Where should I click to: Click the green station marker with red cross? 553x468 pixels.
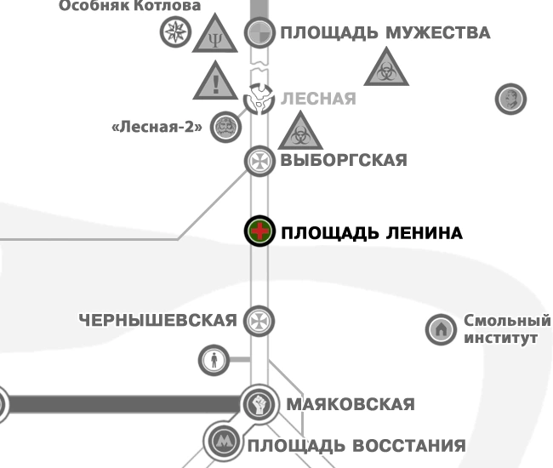(x=259, y=231)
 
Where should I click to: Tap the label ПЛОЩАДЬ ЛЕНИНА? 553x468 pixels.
(x=372, y=233)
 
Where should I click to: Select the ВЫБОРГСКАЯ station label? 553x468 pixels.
(x=344, y=160)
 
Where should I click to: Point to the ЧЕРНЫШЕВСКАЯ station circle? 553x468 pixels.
(x=259, y=321)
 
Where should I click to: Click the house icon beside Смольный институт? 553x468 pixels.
(x=441, y=329)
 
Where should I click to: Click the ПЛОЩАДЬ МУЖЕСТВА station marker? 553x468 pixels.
(x=259, y=34)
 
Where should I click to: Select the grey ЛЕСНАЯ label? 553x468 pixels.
(x=318, y=99)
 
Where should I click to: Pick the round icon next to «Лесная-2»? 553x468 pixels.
(x=225, y=128)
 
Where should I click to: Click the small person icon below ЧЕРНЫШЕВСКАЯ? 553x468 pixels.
(x=214, y=360)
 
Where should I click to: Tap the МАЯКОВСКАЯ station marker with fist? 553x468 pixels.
(x=259, y=403)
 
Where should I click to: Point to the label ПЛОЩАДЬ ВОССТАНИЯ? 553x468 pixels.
(x=356, y=445)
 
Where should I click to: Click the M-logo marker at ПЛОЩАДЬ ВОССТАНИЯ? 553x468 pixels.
(x=224, y=441)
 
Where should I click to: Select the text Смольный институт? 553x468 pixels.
(x=506, y=329)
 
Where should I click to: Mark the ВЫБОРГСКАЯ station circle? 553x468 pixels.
(x=259, y=160)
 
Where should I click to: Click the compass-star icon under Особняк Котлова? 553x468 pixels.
(x=174, y=33)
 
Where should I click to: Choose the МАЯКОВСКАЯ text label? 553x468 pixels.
(x=351, y=404)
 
